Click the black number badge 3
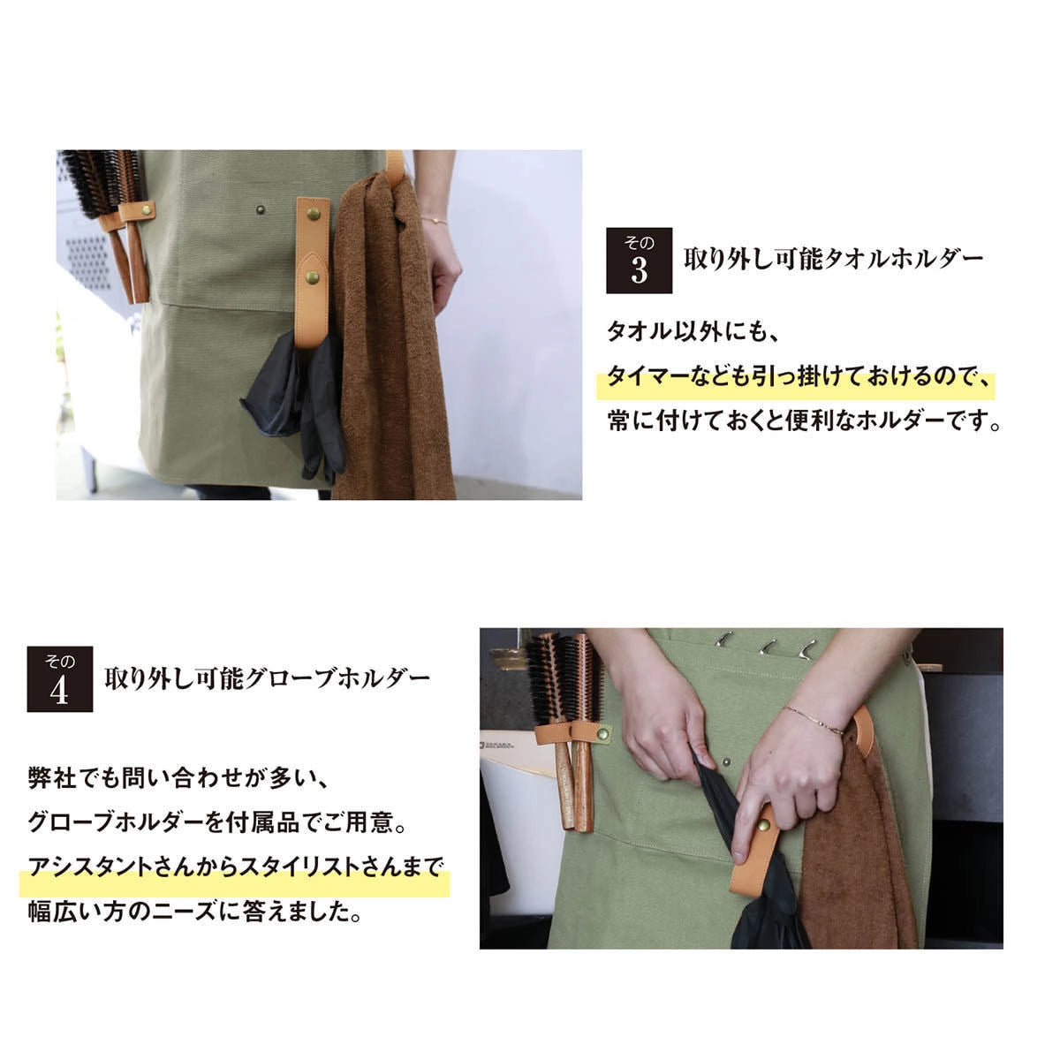click(x=639, y=261)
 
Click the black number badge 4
click(x=59, y=679)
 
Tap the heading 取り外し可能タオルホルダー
click(x=833, y=259)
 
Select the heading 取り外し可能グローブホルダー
click(x=267, y=678)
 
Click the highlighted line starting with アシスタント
click(x=234, y=867)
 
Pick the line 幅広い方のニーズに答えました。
click(x=194, y=912)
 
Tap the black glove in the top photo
click(x=296, y=397)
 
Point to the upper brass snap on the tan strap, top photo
click(x=313, y=214)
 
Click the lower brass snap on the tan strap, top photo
click(x=313, y=277)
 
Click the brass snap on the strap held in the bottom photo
click(x=762, y=825)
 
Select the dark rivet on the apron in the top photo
click(x=261, y=210)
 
